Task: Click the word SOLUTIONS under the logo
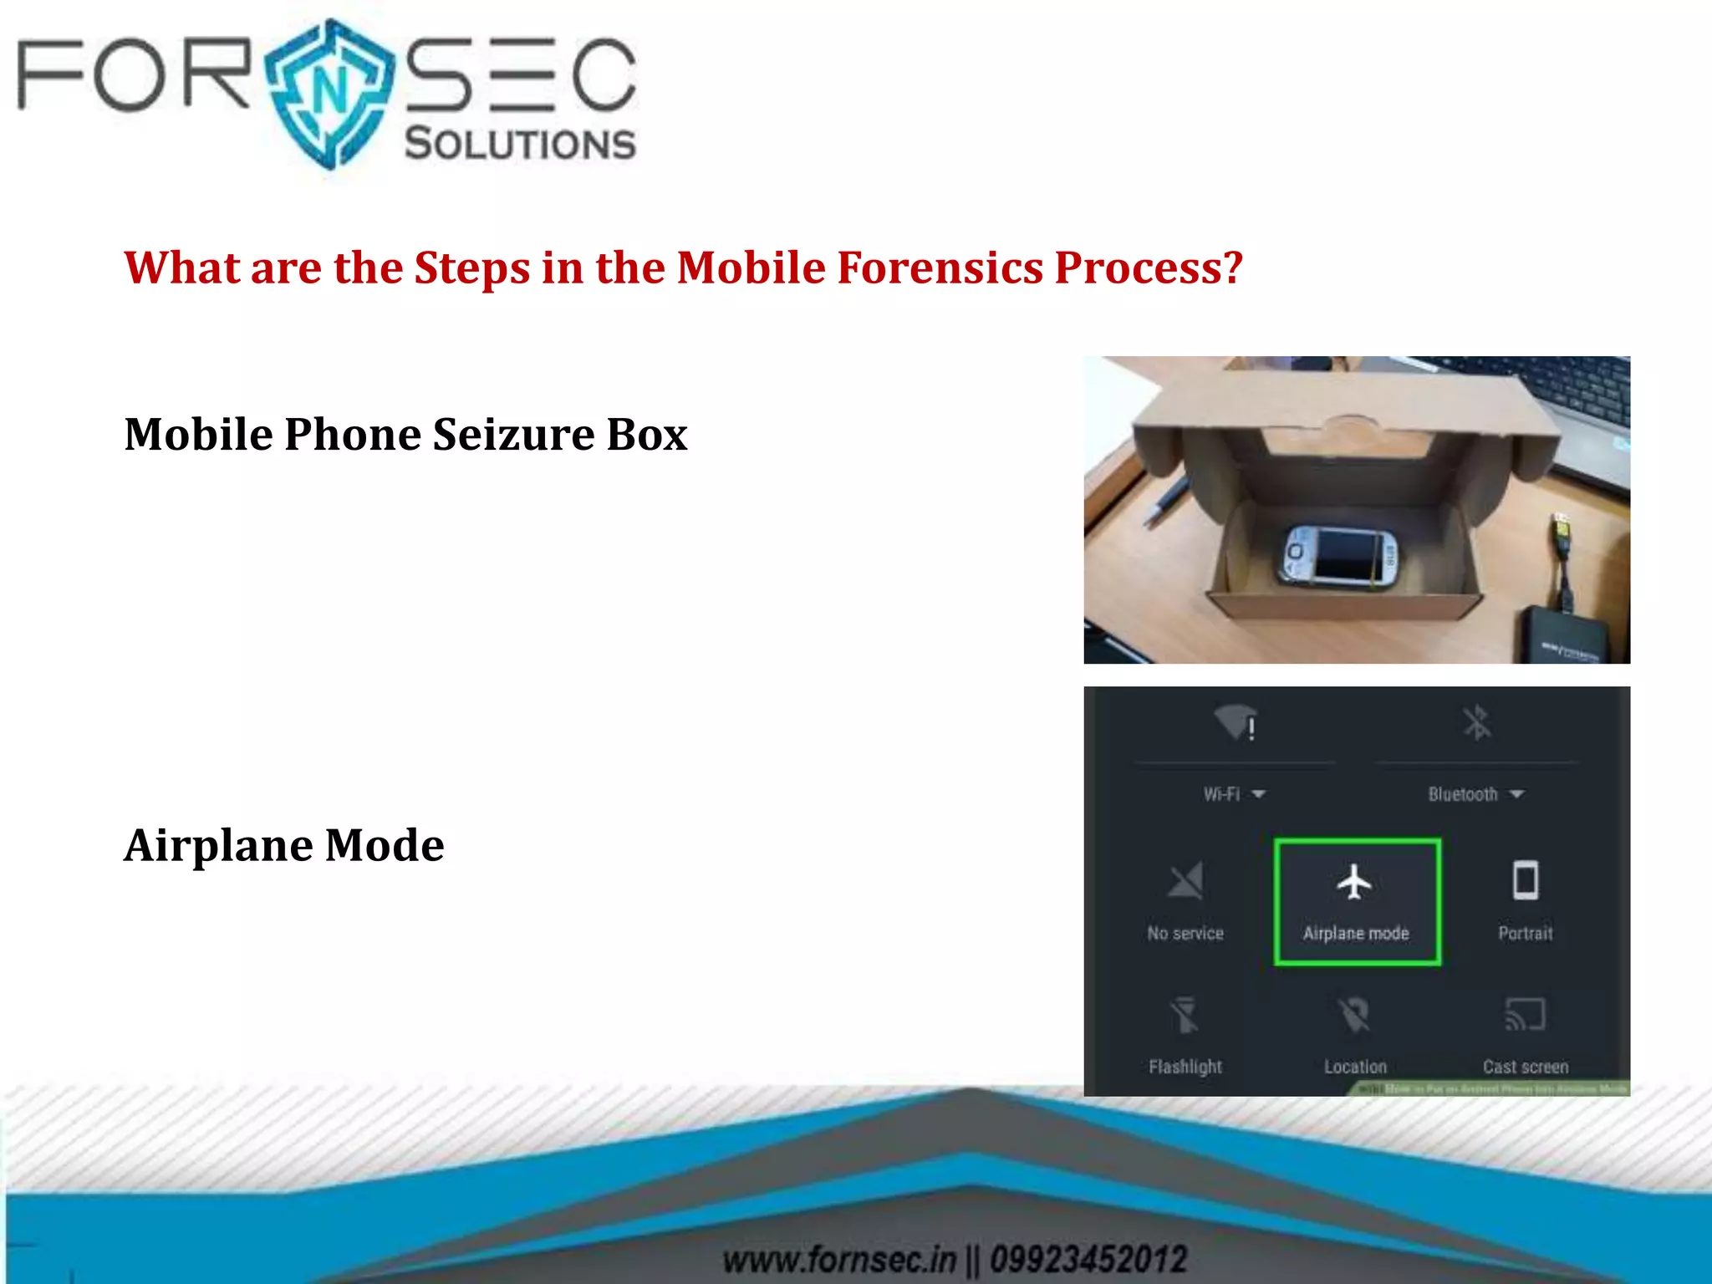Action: (x=520, y=144)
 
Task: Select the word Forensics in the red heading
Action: (x=940, y=268)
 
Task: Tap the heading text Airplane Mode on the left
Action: (x=284, y=845)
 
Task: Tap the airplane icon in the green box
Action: (x=1354, y=882)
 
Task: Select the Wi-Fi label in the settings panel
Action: (x=1222, y=794)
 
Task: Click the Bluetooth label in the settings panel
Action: (x=1463, y=794)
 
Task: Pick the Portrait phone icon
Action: (x=1526, y=880)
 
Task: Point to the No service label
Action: (x=1185, y=933)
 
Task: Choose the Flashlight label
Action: (x=1185, y=1067)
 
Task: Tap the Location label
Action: (x=1355, y=1067)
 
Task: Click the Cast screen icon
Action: (x=1525, y=1015)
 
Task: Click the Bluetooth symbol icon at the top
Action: (x=1477, y=722)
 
